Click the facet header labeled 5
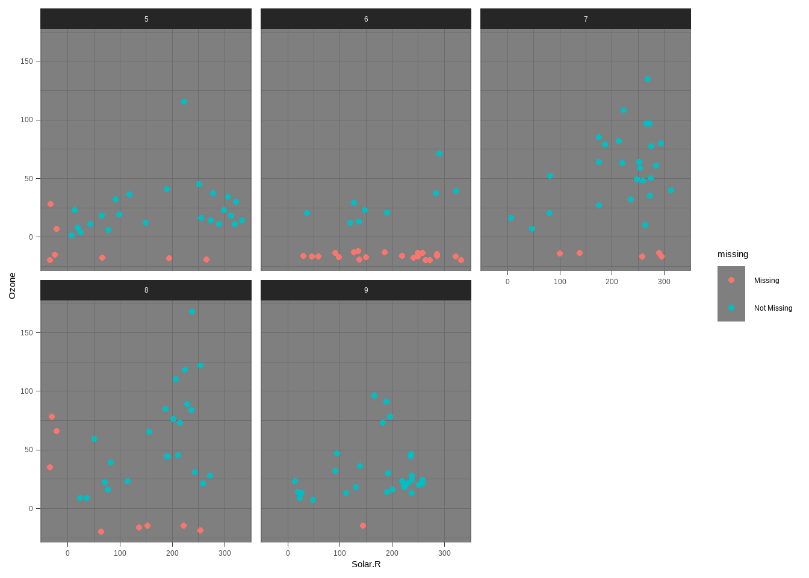(146, 19)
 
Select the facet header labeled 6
(366, 19)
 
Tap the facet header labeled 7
(586, 19)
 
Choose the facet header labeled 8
(146, 290)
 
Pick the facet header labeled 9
(366, 290)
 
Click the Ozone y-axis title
(12, 286)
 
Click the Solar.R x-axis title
(366, 564)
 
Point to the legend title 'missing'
(733, 254)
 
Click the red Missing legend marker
(731, 280)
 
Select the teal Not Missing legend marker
(731, 308)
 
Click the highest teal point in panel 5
(184, 102)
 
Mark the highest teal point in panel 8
(192, 311)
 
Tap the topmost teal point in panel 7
(648, 79)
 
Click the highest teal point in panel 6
(439, 154)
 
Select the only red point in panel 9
(363, 526)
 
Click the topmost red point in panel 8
(52, 417)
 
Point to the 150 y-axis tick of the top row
(26, 61)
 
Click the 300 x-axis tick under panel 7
(664, 282)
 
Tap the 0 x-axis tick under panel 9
(288, 553)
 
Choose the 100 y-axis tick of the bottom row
(26, 391)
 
